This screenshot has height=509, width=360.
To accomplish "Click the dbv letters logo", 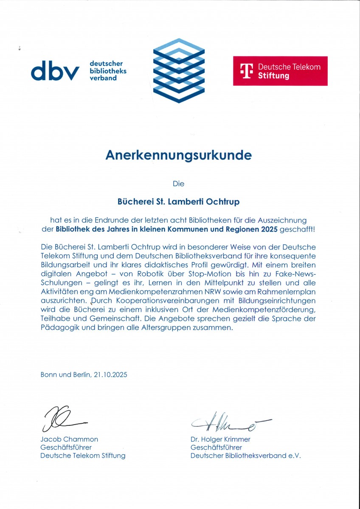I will tap(55, 71).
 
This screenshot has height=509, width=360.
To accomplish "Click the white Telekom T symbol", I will tap(247, 71).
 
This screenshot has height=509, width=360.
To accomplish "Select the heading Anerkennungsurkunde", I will tap(178, 155).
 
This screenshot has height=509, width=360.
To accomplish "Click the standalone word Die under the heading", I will tap(178, 184).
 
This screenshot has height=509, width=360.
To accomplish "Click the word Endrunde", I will tap(115, 220).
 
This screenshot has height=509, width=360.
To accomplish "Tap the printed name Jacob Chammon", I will tap(69, 439).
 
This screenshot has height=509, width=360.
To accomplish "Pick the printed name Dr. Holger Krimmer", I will tap(220, 439).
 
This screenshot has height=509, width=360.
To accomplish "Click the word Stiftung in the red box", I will tap(273, 76).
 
